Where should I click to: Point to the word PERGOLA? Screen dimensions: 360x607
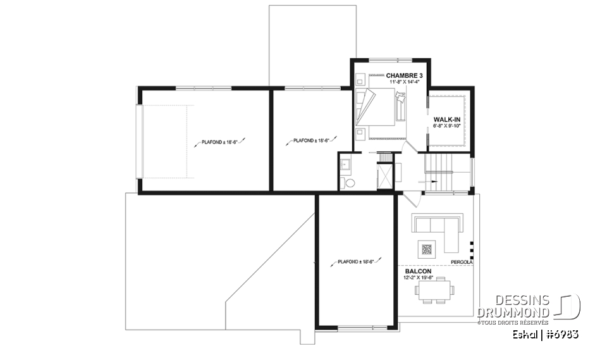461,261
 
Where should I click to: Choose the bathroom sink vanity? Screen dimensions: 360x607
346,164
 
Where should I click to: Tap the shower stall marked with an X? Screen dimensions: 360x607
384,175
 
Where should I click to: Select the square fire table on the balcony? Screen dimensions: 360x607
427,248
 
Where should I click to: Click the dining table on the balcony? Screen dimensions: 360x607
433,290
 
